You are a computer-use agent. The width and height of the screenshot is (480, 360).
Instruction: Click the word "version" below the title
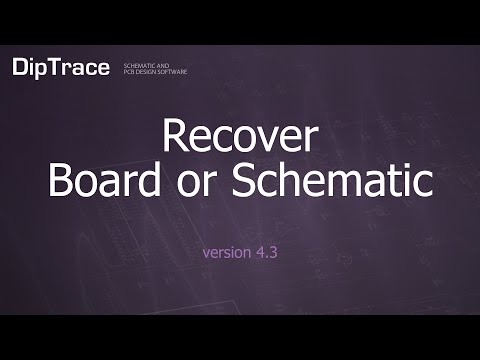pyautogui.click(x=224, y=252)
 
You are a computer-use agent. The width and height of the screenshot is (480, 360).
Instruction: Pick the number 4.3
pyautogui.click(x=264, y=252)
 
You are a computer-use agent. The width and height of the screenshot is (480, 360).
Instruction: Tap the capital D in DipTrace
pyautogui.click(x=21, y=67)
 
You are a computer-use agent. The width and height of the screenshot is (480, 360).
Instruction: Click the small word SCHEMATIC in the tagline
pyautogui.click(x=139, y=63)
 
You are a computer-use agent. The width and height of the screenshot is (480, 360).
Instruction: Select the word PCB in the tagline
pyautogui.click(x=128, y=71)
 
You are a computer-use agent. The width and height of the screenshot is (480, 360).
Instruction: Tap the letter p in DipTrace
pyautogui.click(x=42, y=70)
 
